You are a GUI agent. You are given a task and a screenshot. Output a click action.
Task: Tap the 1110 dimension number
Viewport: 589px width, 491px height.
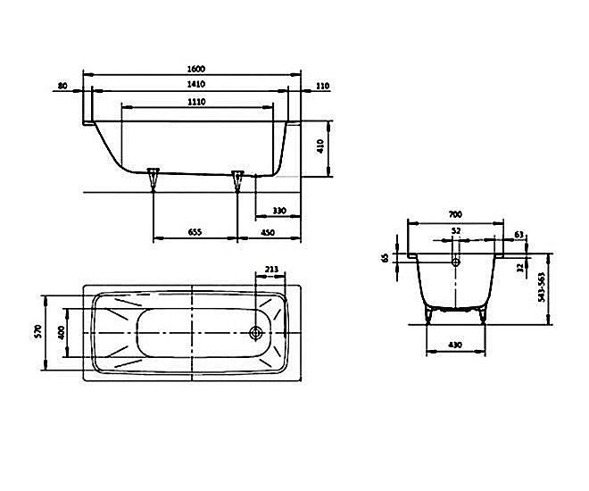pos(197,103)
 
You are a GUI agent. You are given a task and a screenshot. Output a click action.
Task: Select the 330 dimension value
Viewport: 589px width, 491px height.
pos(278,211)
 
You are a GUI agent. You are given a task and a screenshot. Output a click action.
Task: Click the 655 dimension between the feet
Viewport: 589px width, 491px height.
pos(195,232)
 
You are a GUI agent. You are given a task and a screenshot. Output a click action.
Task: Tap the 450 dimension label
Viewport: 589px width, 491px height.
pos(268,232)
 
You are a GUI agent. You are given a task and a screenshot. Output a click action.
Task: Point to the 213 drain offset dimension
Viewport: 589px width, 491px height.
pos(273,269)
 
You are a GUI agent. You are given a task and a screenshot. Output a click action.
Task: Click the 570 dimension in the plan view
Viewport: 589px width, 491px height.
pos(37,332)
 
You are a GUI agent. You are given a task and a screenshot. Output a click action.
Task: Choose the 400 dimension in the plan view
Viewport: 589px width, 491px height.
pos(62,332)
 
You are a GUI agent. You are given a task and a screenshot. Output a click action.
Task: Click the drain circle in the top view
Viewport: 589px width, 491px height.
pos(256,333)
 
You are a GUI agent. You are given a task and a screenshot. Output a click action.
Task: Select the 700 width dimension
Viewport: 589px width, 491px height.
pos(455,214)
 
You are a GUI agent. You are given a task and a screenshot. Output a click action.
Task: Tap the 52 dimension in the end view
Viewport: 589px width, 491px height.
pos(456,231)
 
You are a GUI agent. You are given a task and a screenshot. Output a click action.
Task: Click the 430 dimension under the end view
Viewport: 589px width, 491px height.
pos(456,345)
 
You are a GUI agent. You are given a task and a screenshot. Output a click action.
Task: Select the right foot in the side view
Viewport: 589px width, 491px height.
pos(237,179)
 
